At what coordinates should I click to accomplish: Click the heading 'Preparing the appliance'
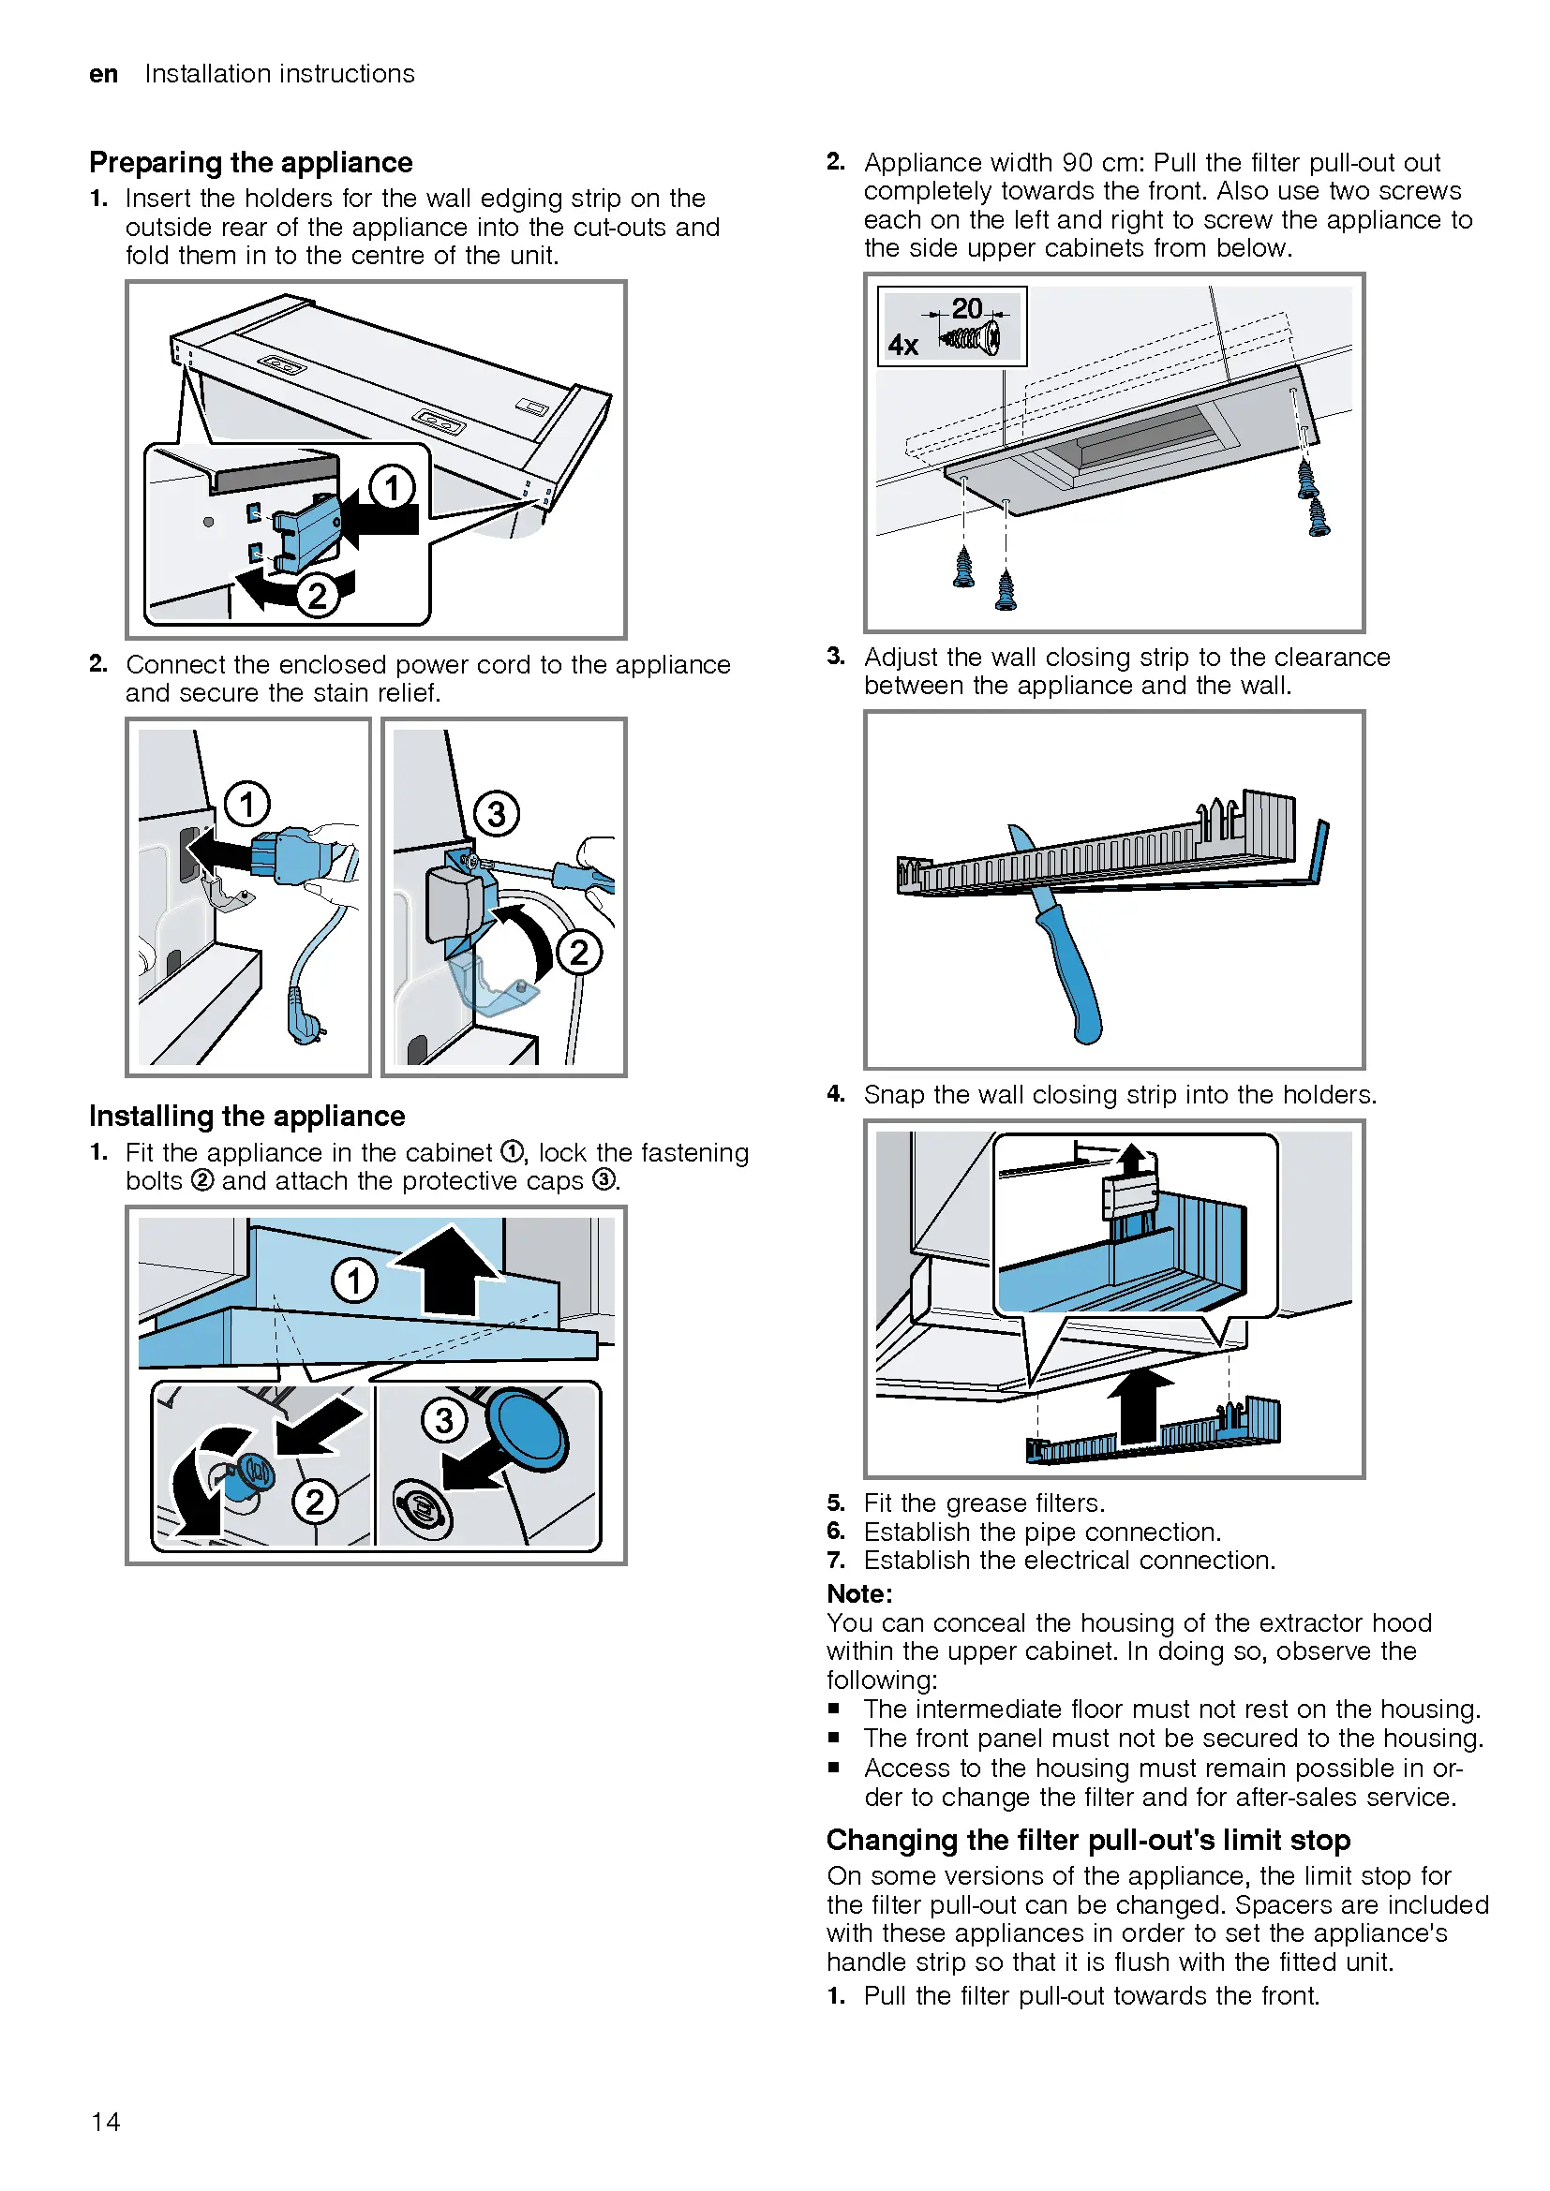pos(250,162)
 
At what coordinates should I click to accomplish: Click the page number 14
pos(105,2121)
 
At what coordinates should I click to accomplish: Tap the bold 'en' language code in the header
pos(103,74)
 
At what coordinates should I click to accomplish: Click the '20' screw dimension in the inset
pos(966,308)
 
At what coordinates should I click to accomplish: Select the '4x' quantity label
pos(902,345)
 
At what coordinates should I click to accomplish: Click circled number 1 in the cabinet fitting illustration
pos(354,1280)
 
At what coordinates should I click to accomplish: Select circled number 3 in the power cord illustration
pos(497,813)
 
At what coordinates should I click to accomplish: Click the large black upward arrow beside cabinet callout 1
pos(448,1269)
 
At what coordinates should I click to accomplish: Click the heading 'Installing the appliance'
pos(246,1116)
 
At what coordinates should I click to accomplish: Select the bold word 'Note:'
pos(859,1593)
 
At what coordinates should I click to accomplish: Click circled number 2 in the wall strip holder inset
pos(317,596)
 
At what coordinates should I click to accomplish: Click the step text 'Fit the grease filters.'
pos(983,1503)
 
